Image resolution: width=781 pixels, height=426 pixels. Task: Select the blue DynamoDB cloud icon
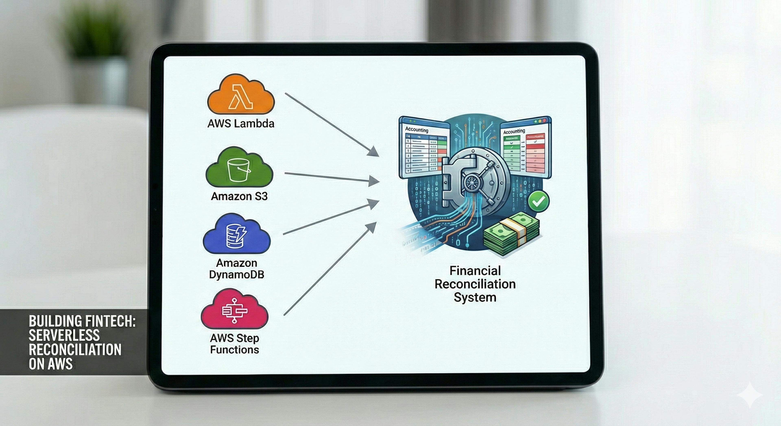tap(237, 235)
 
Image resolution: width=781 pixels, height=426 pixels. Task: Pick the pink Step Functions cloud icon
tap(235, 311)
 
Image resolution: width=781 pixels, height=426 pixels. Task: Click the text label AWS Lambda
tap(241, 124)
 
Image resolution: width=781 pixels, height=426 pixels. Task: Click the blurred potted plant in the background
tap(94, 30)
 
